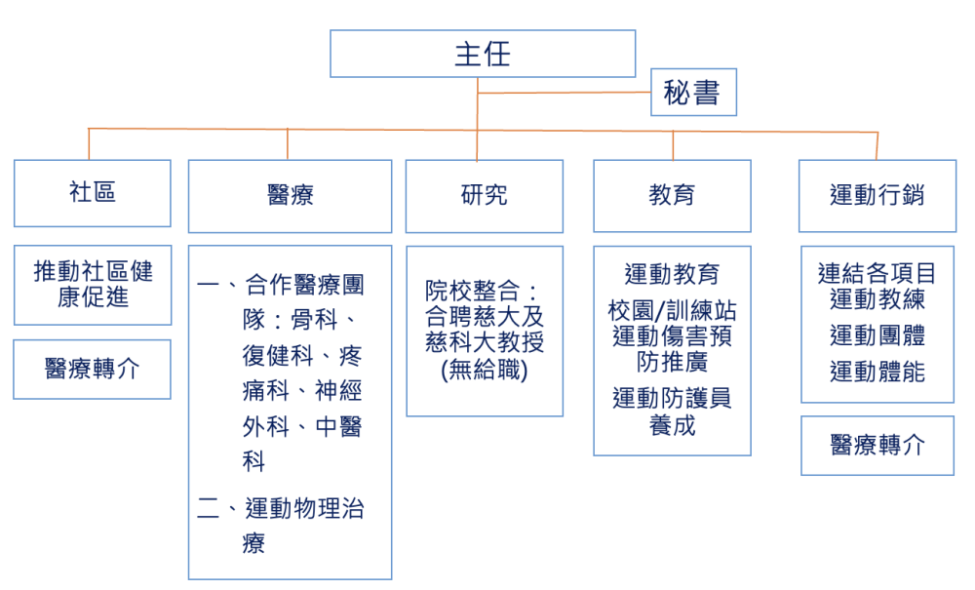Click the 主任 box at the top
[x=483, y=54]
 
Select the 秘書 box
[x=693, y=92]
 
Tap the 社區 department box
[x=92, y=193]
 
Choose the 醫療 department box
[x=290, y=196]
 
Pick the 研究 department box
[x=484, y=196]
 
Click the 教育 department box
[x=672, y=196]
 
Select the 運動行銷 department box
[x=877, y=196]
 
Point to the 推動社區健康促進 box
[x=92, y=285]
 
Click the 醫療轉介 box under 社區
[x=92, y=370]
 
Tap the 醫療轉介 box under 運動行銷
[x=877, y=446]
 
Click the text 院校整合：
[x=483, y=291]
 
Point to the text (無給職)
[x=484, y=371]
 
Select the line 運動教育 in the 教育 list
[x=672, y=274]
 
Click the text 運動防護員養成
[x=672, y=412]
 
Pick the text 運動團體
[x=877, y=335]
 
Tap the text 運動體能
[x=877, y=372]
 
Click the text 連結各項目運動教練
[x=877, y=286]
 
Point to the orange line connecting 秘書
[x=564, y=93]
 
